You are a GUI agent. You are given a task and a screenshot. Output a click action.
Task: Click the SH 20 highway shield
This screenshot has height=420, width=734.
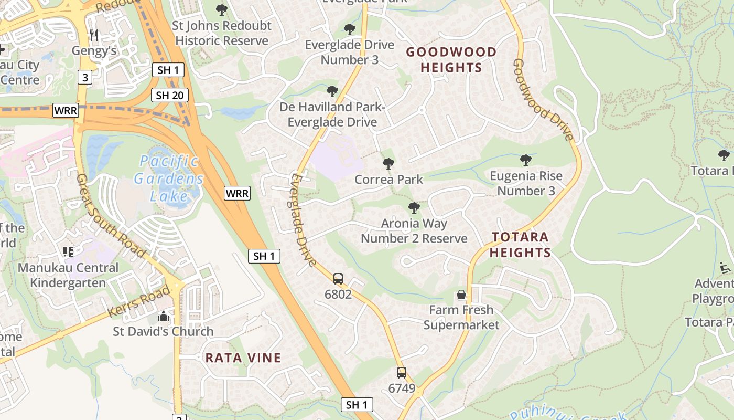pyautogui.click(x=170, y=95)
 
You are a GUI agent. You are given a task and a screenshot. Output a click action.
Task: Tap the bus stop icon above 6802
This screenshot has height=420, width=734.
pyautogui.click(x=338, y=278)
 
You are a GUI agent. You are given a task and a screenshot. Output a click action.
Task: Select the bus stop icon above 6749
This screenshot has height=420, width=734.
pyautogui.click(x=402, y=373)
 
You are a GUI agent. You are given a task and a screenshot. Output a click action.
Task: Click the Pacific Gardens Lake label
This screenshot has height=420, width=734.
pyautogui.click(x=168, y=178)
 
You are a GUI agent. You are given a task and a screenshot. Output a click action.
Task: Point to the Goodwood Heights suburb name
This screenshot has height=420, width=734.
pyautogui.click(x=451, y=60)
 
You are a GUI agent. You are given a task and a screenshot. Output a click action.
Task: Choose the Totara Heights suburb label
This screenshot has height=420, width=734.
pyautogui.click(x=521, y=245)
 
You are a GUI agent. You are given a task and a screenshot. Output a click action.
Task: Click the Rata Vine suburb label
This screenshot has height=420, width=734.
pyautogui.click(x=243, y=358)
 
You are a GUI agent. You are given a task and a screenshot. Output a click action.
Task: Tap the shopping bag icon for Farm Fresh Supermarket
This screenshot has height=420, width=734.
pyautogui.click(x=461, y=295)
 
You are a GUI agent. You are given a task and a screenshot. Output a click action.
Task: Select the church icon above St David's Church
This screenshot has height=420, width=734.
pyautogui.click(x=164, y=316)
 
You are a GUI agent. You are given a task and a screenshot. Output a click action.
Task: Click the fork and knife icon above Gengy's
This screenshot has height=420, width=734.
pyautogui.click(x=94, y=35)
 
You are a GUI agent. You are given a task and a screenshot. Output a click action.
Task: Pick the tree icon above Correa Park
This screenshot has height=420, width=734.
pyautogui.click(x=388, y=164)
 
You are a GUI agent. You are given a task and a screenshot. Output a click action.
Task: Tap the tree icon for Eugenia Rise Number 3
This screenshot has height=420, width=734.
pyautogui.click(x=526, y=160)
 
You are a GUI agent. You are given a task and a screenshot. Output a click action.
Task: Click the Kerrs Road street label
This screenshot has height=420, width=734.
pyautogui.click(x=139, y=302)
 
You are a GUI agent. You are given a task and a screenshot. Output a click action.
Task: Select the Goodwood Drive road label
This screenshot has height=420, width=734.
pyautogui.click(x=542, y=100)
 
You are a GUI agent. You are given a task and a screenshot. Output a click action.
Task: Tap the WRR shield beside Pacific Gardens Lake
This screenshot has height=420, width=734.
pyautogui.click(x=237, y=193)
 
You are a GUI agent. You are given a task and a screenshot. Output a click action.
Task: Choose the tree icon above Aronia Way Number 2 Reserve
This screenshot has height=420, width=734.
pyautogui.click(x=414, y=208)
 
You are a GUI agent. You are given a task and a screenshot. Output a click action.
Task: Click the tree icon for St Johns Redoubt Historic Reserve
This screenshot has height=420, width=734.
pyautogui.click(x=222, y=9)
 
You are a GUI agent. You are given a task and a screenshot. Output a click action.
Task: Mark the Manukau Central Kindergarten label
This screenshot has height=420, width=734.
pyautogui.click(x=68, y=275)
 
